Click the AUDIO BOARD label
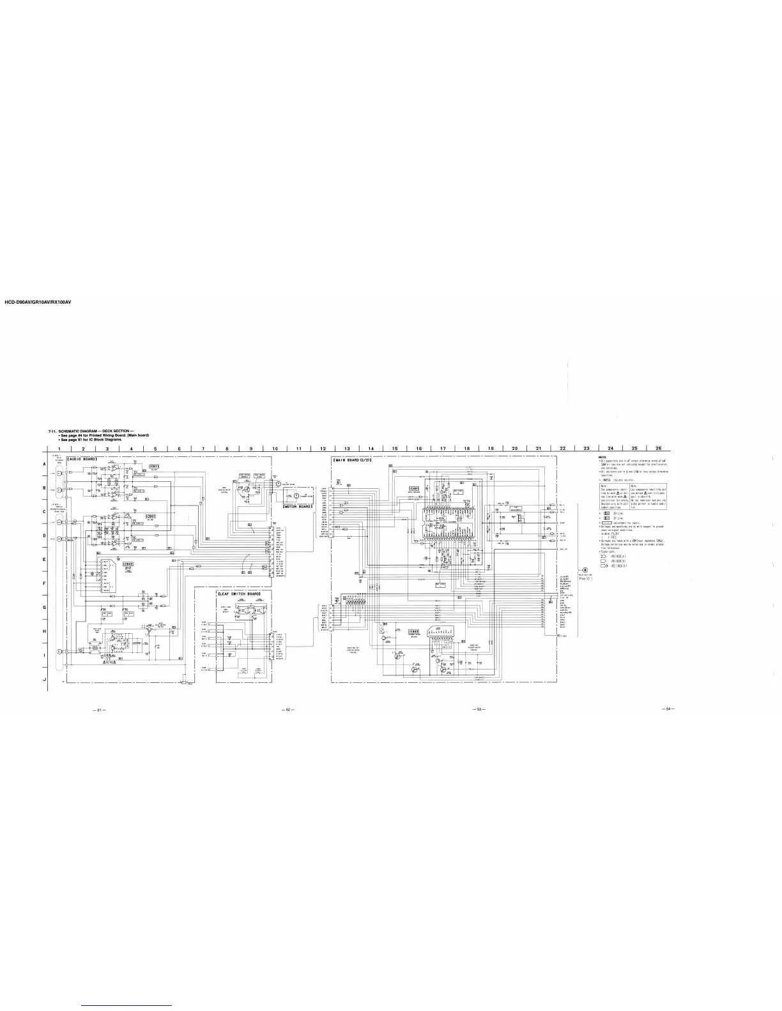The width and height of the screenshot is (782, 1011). coord(82,459)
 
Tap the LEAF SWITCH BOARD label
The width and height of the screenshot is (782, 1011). coord(239,594)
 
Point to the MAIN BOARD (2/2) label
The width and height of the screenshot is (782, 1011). coord(353,460)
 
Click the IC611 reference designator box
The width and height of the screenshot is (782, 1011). coord(154,467)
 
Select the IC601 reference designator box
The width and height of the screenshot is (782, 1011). coord(151,515)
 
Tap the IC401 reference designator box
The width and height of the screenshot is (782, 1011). coord(413,489)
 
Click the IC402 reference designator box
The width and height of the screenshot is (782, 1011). coord(413,632)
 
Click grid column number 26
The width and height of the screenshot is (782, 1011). coord(658,448)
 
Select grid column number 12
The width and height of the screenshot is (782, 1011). coord(323,448)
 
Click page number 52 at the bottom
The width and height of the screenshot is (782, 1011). coord(288,709)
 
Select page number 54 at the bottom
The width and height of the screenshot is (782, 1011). coord(668,709)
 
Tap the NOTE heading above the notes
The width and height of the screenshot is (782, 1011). coord(602,456)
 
